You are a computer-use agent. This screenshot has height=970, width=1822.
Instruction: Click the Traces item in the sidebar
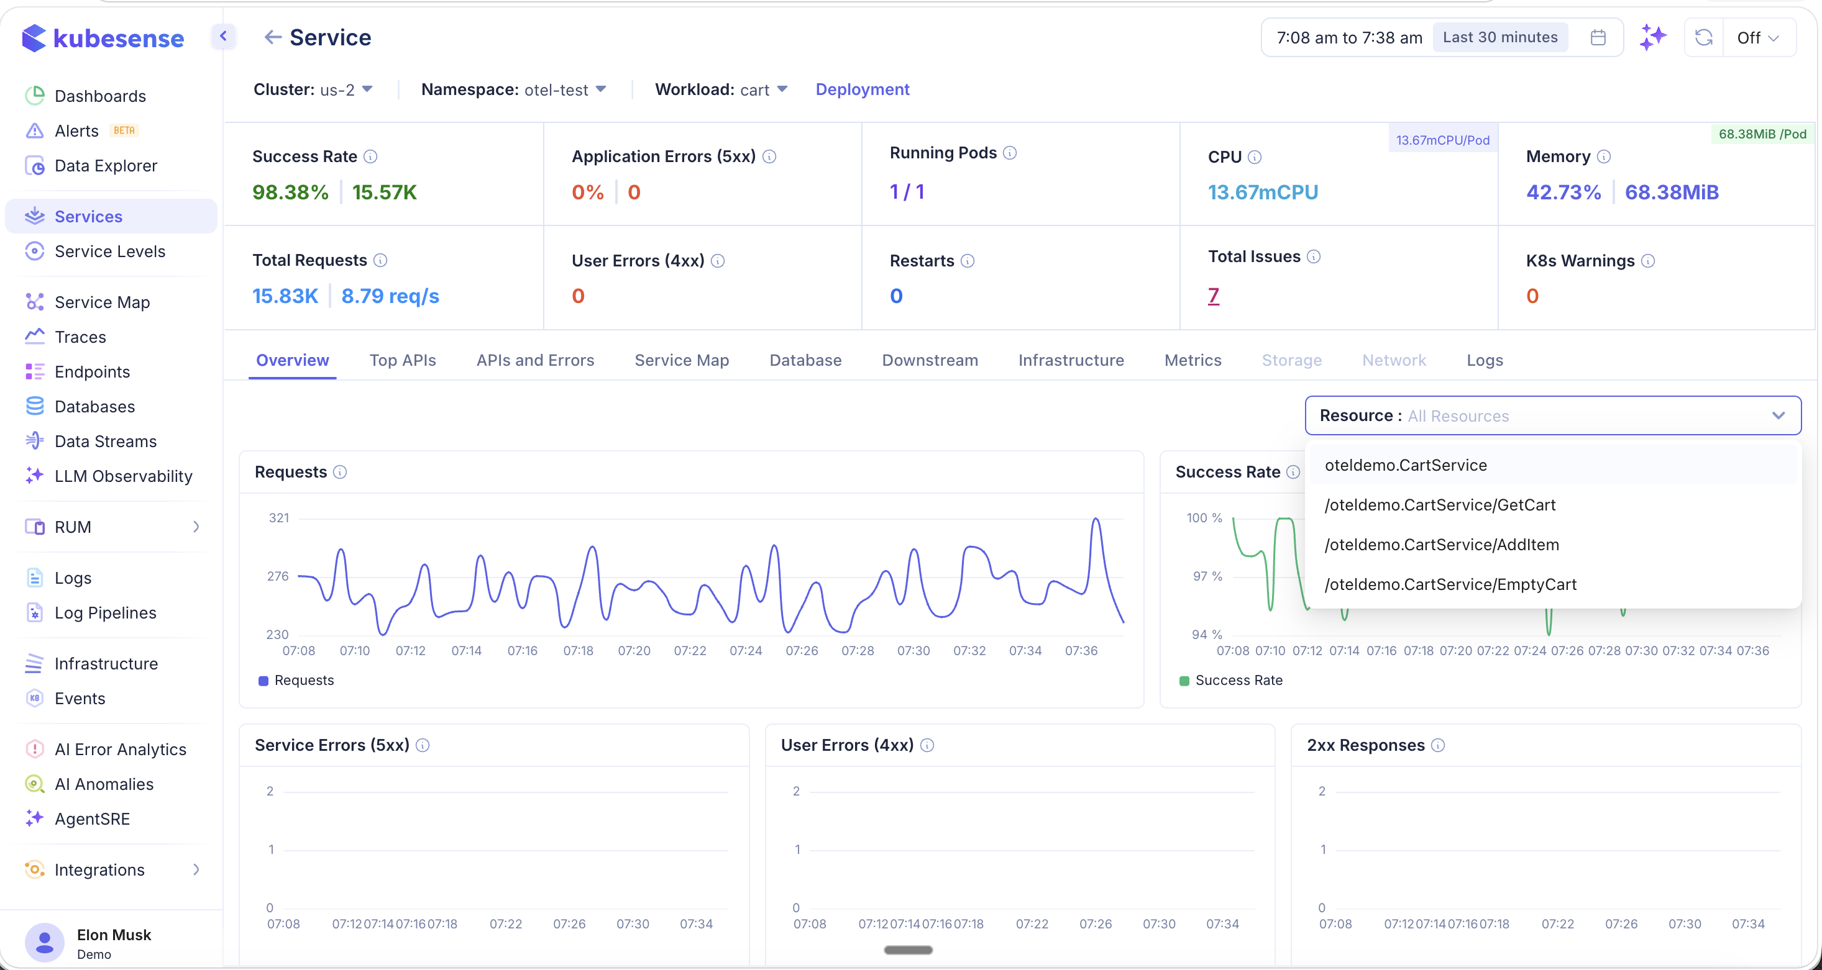(x=80, y=337)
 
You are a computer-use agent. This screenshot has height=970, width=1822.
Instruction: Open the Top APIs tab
(x=403, y=361)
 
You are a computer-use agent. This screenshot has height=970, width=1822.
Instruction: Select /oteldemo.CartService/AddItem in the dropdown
(x=1442, y=545)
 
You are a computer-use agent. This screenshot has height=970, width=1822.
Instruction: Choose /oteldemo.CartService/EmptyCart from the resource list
(x=1450, y=584)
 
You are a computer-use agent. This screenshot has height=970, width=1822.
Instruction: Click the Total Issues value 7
(x=1213, y=296)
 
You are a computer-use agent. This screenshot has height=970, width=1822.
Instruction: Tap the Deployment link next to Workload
(x=862, y=90)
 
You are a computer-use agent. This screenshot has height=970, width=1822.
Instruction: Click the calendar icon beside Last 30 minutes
(x=1598, y=37)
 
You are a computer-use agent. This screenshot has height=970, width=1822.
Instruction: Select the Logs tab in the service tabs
(x=1485, y=361)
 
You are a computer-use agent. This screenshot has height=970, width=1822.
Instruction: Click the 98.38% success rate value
(x=290, y=193)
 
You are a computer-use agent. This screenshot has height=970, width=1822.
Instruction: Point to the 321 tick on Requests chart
(x=278, y=519)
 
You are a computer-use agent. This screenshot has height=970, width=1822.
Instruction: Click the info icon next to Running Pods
(x=1010, y=153)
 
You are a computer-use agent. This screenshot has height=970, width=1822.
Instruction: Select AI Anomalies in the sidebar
(x=104, y=784)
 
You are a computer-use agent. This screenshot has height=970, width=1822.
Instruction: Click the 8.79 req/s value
(x=390, y=296)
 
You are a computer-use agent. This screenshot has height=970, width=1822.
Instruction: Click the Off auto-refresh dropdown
(x=1757, y=38)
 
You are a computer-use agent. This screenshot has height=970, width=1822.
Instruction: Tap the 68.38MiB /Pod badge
(x=1762, y=134)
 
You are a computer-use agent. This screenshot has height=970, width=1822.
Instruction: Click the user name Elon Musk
(x=114, y=935)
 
